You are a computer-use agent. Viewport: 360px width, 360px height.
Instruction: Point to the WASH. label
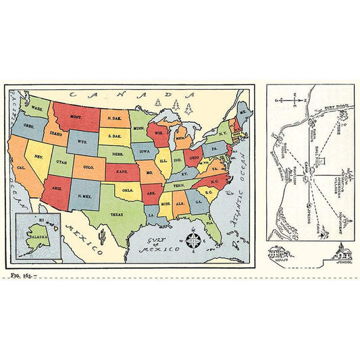coord(38,109)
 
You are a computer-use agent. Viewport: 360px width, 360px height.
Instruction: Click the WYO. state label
coord(83,143)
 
